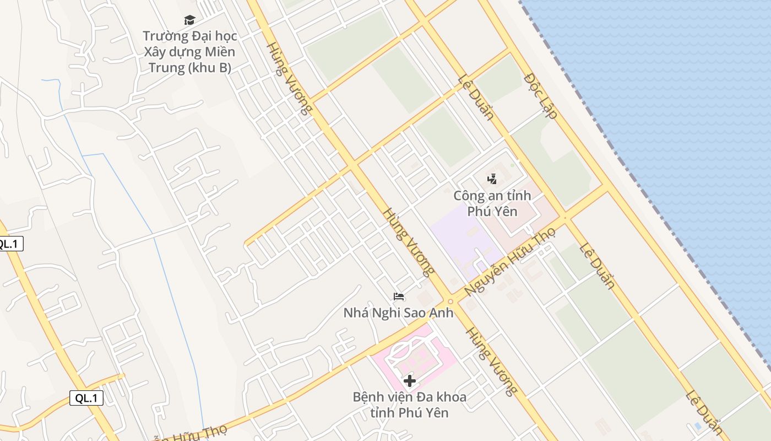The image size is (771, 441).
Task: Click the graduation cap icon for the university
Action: tap(189, 20)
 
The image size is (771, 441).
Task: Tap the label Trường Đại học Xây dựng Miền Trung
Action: tap(189, 52)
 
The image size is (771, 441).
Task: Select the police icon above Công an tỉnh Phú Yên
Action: tap(492, 179)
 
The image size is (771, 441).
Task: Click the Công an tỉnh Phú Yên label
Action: tap(492, 203)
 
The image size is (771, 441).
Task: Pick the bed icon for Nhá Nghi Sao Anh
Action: tap(399, 297)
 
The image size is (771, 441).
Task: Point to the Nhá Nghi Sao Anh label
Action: tap(399, 313)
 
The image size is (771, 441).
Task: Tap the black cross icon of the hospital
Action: tap(409, 380)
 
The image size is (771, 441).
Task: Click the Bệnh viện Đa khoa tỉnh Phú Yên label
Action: tap(409, 405)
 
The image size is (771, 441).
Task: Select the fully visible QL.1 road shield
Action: tap(86, 398)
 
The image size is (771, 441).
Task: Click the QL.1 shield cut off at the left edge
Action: tap(10, 244)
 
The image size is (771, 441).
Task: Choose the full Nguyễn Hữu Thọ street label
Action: tap(509, 261)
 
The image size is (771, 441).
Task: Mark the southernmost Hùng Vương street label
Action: tap(491, 362)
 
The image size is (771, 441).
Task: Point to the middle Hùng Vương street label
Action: tap(408, 241)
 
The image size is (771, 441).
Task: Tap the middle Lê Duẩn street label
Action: tap(596, 265)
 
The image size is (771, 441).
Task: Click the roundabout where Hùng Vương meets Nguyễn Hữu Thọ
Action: tap(450, 301)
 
